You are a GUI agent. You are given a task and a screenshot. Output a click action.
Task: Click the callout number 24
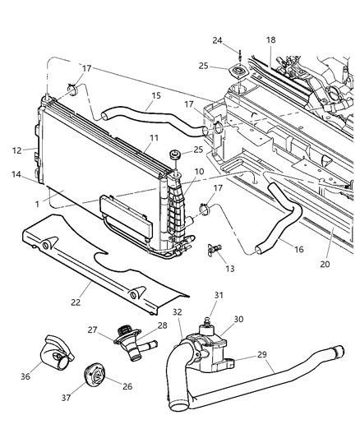tap(217, 40)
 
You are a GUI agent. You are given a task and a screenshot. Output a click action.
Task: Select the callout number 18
tap(270, 40)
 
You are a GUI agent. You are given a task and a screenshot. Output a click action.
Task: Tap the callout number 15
tap(156, 95)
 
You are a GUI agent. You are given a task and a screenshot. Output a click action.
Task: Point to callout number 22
tap(76, 302)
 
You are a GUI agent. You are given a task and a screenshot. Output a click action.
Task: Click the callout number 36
tap(25, 376)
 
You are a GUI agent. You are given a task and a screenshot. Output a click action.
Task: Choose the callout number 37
tap(67, 398)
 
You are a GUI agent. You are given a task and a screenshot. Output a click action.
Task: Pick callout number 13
tap(229, 269)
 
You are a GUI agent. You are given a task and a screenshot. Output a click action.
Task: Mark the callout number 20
tap(325, 264)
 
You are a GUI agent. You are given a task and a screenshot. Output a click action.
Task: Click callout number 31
tap(219, 295)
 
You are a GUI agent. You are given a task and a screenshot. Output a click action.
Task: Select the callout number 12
tap(16, 150)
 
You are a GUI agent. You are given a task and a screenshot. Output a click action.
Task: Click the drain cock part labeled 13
tap(215, 249)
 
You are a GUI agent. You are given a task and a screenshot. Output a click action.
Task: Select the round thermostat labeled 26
tap(95, 375)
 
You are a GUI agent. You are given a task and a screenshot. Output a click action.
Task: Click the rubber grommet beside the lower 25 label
tap(175, 154)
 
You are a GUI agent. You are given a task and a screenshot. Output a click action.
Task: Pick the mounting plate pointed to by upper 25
tap(239, 72)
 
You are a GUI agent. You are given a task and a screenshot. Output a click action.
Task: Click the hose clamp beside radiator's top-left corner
tap(73, 88)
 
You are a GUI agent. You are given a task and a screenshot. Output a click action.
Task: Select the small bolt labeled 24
tap(239, 56)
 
